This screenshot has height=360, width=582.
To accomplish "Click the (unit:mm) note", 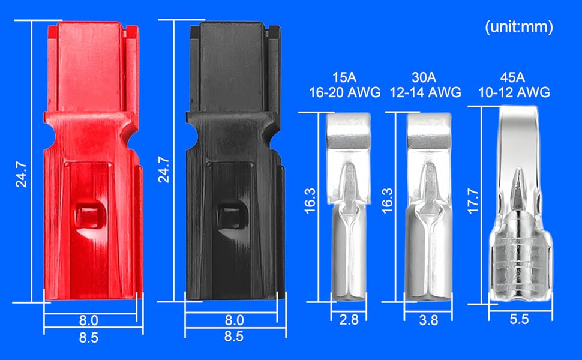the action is [519, 27].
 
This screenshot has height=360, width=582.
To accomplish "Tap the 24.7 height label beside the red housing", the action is [21, 174].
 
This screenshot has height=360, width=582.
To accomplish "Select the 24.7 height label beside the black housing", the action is [164, 170].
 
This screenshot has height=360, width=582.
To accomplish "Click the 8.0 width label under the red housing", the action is [88, 320].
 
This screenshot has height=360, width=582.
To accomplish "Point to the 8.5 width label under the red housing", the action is [88, 337].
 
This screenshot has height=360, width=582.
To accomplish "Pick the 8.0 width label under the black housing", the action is [234, 320].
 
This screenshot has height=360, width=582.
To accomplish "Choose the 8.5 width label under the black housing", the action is [234, 336].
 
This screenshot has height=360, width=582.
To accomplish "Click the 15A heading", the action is [344, 77].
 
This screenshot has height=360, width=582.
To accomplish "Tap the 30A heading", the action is [424, 77].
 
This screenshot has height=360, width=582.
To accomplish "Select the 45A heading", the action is [512, 77].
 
